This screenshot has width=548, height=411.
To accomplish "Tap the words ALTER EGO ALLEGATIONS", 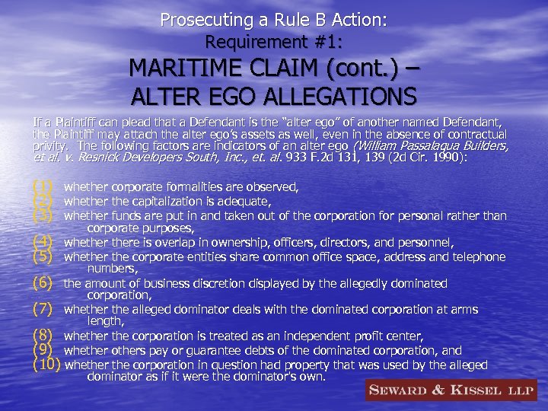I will [x=274, y=97].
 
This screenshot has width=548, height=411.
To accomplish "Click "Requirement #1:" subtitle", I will [x=273, y=43].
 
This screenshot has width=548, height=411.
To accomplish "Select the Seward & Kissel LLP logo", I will [x=450, y=390].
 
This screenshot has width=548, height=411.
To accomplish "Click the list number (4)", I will [x=43, y=243].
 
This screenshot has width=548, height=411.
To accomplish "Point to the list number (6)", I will [x=43, y=283].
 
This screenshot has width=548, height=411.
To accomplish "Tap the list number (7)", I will [x=43, y=310].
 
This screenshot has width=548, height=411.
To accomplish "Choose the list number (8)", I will [x=43, y=336].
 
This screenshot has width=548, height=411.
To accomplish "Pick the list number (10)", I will [x=46, y=365].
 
